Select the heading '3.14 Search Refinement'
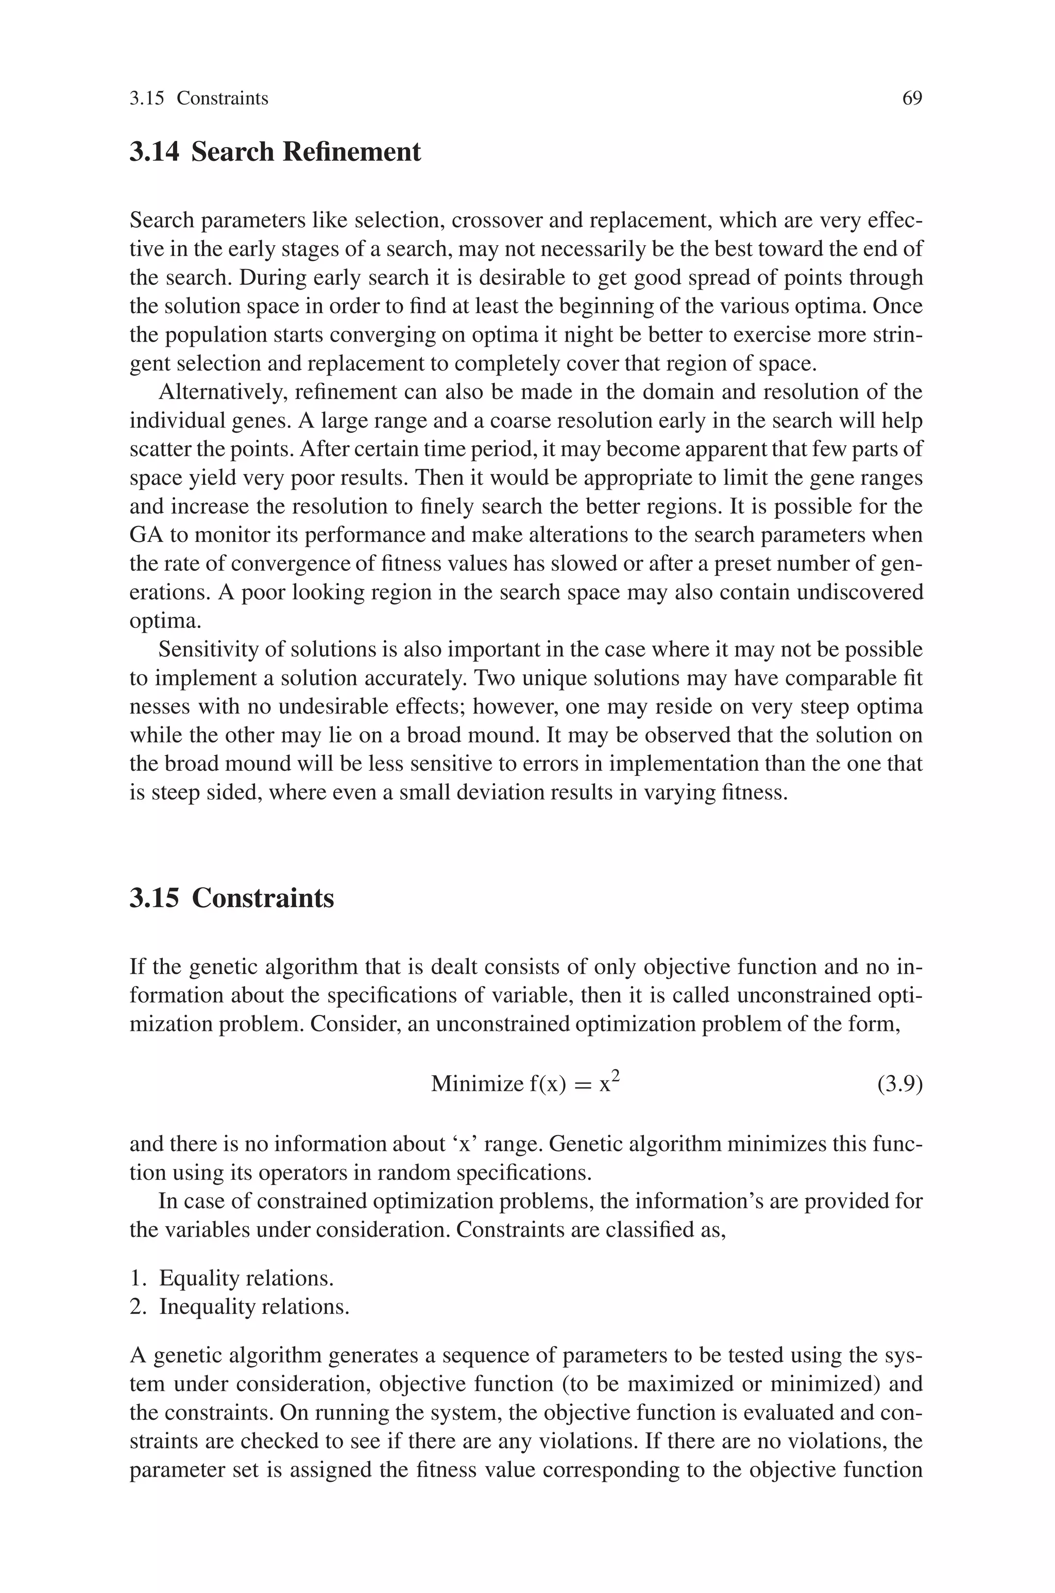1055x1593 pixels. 275,152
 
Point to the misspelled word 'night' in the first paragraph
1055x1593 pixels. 563,335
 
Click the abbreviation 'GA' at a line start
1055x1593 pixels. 145,535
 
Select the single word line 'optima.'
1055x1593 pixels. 165,621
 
